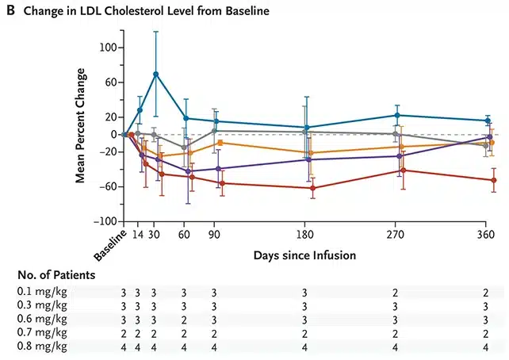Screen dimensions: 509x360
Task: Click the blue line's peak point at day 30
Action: pyautogui.click(x=156, y=74)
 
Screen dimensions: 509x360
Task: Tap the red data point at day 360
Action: pyautogui.click(x=494, y=180)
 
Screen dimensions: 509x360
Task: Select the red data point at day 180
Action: pyautogui.click(x=312, y=188)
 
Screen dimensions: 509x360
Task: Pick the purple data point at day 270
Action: pyautogui.click(x=400, y=156)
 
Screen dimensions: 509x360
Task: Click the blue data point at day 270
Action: pyautogui.click(x=397, y=115)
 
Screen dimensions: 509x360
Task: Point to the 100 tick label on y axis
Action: pyautogui.click(x=108, y=48)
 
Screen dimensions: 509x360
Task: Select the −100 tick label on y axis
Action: pyautogui.click(x=105, y=222)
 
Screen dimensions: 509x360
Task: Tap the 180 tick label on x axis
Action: pyautogui.click(x=304, y=235)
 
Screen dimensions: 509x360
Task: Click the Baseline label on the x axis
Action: pyautogui.click(x=110, y=245)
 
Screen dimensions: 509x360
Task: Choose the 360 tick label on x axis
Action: pyautogui.click(x=486, y=235)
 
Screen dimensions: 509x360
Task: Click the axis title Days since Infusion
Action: pyautogui.click(x=304, y=255)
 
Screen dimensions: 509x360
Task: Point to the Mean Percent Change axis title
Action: pyautogui.click(x=80, y=125)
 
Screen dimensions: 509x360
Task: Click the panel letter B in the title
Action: pyautogui.click(x=11, y=10)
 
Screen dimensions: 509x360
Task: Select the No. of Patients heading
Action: pyautogui.click(x=56, y=275)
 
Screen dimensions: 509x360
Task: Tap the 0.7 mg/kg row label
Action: pyautogui.click(x=42, y=333)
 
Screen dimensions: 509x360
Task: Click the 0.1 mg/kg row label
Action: pyautogui.click(x=42, y=292)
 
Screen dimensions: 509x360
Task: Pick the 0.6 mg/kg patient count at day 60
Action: pyautogui.click(x=184, y=320)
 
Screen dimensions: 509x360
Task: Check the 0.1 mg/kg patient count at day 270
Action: pyautogui.click(x=395, y=293)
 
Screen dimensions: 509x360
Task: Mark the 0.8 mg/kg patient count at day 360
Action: pyautogui.click(x=486, y=347)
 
